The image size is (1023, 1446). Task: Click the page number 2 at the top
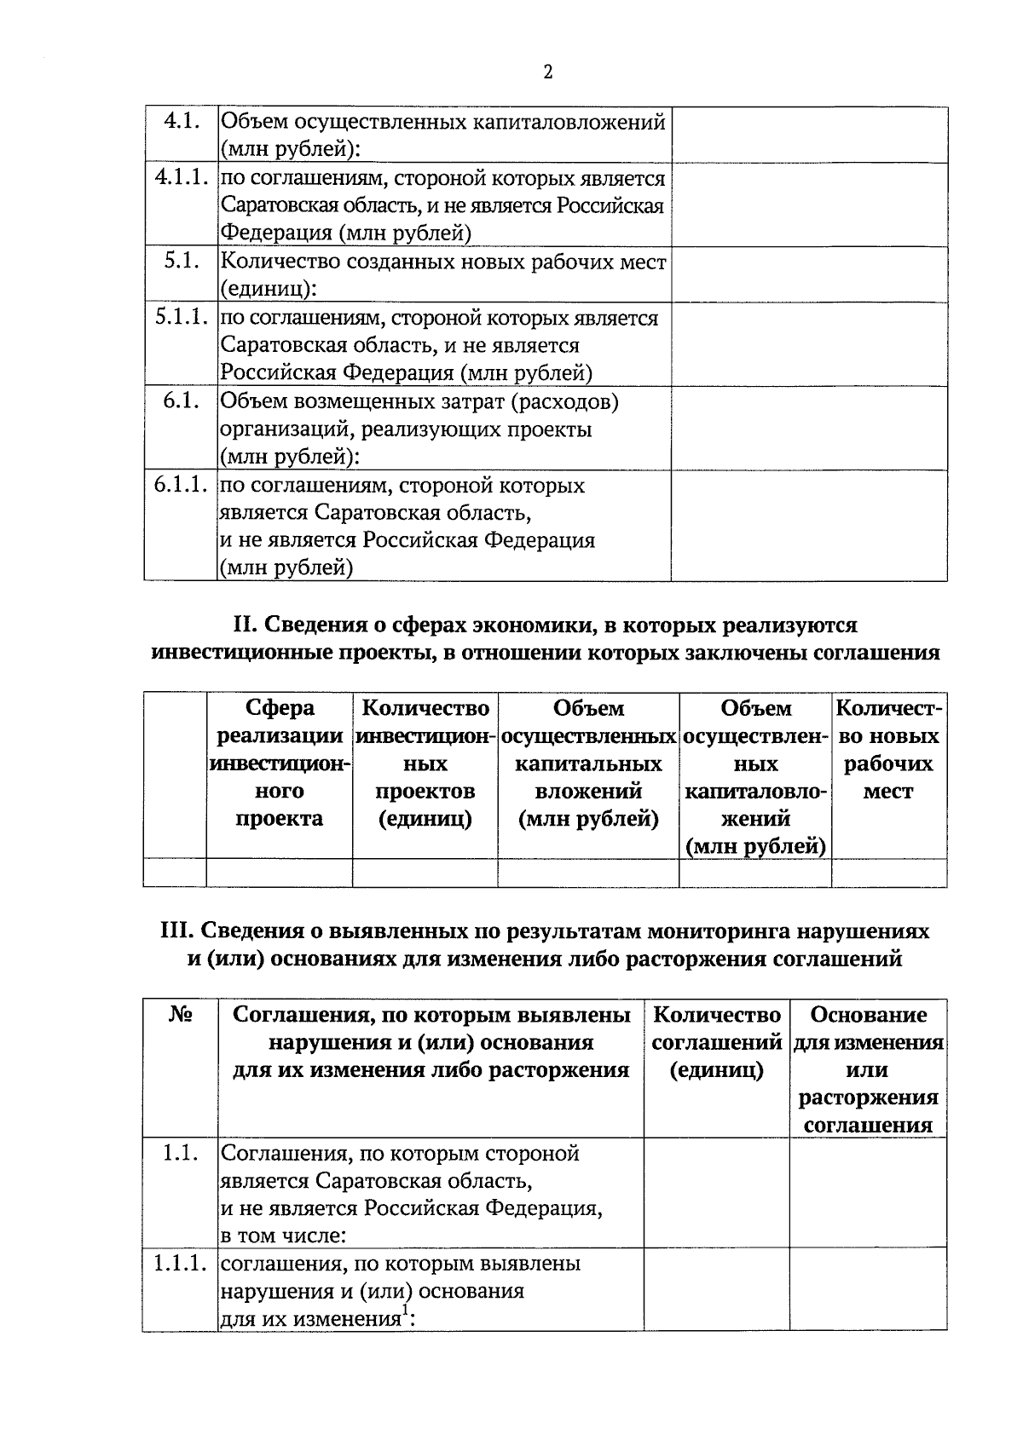[x=548, y=72]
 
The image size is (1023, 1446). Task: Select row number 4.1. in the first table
[x=182, y=121]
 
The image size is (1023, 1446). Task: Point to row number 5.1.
[x=182, y=261]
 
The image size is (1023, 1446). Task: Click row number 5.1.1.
[x=182, y=317]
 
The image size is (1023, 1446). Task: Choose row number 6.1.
[x=182, y=400]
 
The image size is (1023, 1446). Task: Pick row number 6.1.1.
[x=182, y=485]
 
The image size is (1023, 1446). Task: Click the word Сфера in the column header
[x=280, y=708]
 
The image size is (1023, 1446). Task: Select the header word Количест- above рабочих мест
[x=889, y=708]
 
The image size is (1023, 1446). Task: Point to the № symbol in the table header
[x=180, y=1015]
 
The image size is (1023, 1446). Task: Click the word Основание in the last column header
[x=868, y=1015]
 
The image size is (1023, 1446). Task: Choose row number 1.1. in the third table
[x=180, y=1153]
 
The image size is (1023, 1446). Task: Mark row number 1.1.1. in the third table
[x=180, y=1263]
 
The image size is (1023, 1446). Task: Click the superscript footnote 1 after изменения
[x=406, y=1310]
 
